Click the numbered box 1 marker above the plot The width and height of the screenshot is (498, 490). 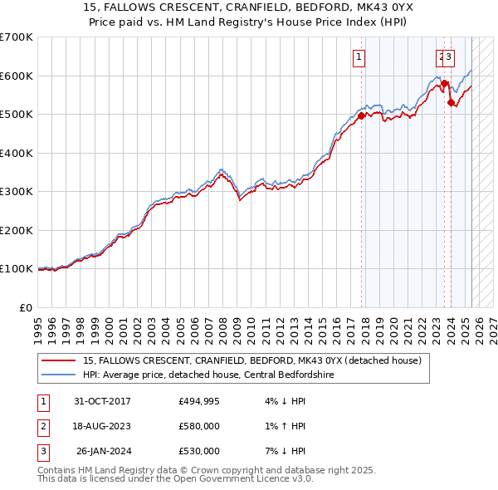tap(359, 57)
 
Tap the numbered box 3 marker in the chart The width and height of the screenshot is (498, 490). tap(449, 57)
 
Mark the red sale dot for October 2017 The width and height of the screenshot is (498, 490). tap(361, 116)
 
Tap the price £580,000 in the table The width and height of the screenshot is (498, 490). tap(199, 426)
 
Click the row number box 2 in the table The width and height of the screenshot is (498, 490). tap(41, 426)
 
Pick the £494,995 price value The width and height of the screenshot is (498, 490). tap(199, 401)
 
